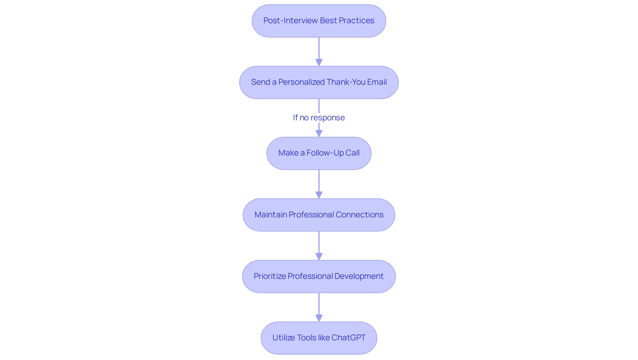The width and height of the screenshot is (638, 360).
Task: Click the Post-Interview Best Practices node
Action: [319, 21]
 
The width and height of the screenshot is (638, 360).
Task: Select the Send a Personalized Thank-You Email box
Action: [319, 82]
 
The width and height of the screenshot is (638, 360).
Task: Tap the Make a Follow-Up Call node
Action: [319, 153]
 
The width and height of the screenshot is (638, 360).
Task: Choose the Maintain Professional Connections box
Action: [319, 215]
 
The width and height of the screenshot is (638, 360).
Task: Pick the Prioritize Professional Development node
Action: [319, 277]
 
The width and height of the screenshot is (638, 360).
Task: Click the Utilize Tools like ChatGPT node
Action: [319, 338]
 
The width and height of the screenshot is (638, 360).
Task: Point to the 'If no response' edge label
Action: [319, 118]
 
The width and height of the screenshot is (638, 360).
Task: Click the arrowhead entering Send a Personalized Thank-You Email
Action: [319, 62]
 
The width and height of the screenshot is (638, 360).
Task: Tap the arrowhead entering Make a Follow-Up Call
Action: [319, 133]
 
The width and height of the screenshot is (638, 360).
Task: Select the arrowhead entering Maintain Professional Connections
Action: [319, 195]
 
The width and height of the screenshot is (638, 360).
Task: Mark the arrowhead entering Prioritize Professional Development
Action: [319, 257]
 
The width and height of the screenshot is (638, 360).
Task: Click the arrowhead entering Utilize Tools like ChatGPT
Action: [319, 318]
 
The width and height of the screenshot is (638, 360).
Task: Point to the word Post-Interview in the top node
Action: [291, 21]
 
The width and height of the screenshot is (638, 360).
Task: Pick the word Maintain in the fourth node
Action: [270, 215]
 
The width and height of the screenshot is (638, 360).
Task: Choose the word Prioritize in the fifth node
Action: [269, 276]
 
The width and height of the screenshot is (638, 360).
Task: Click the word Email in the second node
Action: [377, 82]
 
